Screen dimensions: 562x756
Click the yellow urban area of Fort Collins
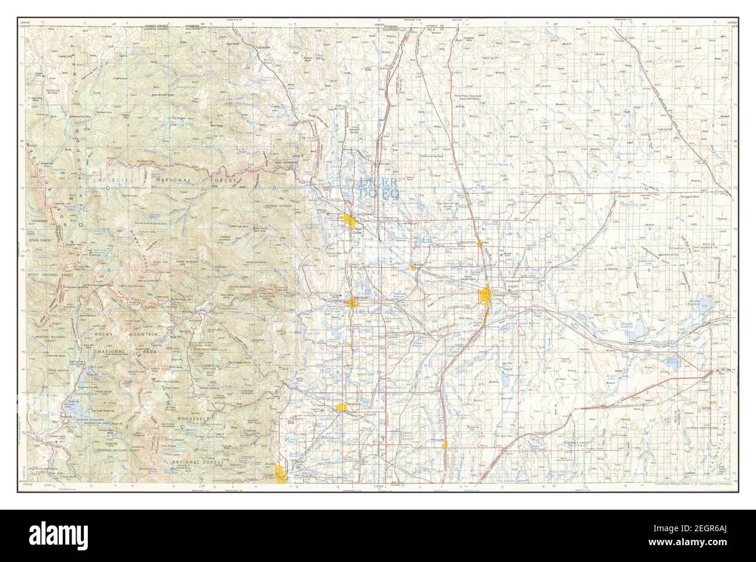pos(350,221)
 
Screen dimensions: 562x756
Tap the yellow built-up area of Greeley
pos(485,297)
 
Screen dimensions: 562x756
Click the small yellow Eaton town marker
pos(481,245)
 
